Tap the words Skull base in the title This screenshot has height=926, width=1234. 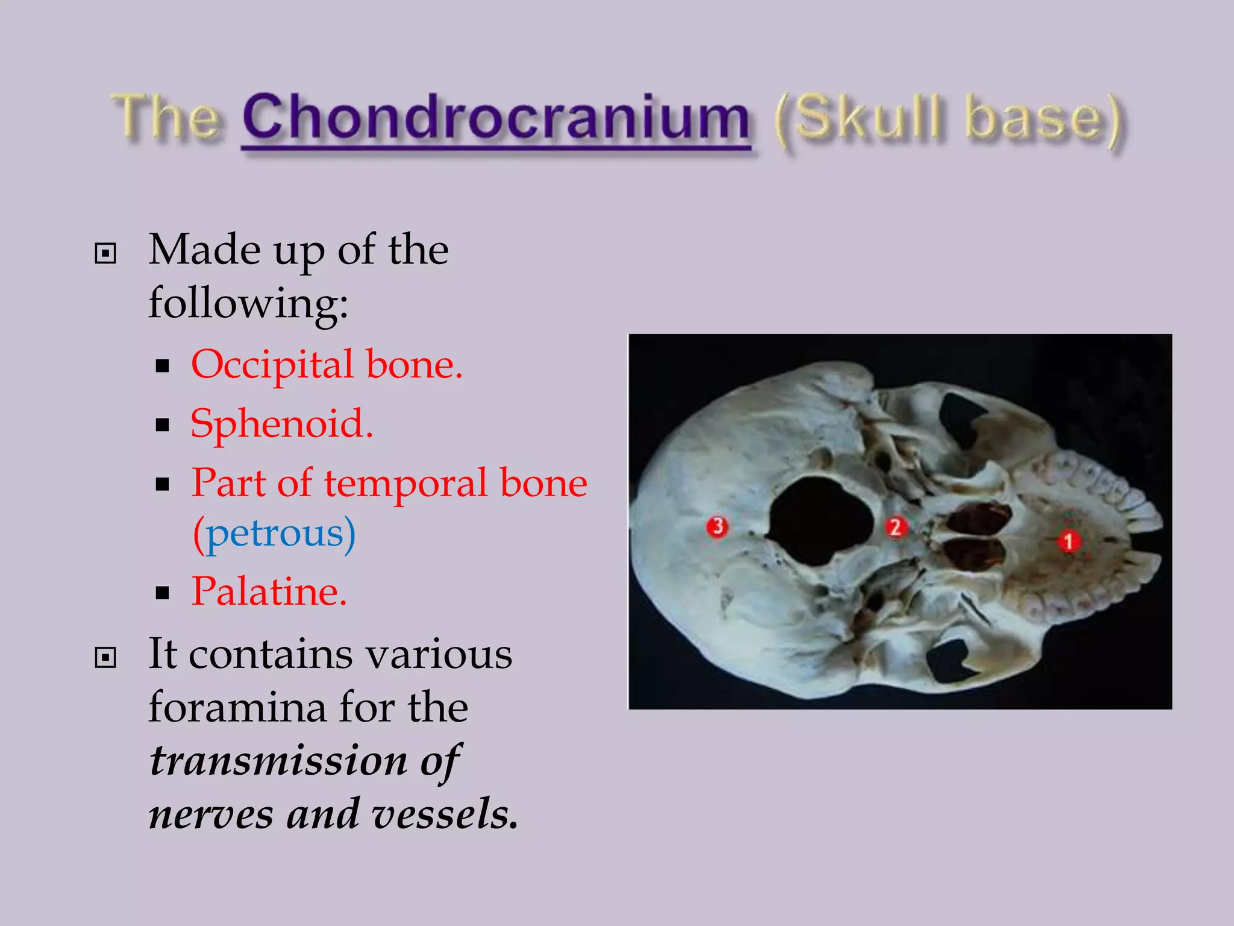[948, 119]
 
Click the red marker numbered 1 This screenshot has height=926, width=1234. [1069, 541]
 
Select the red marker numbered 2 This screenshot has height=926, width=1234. [896, 528]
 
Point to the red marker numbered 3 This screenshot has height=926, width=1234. [717, 527]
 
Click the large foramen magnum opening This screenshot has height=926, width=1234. [821, 521]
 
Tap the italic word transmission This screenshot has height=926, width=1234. [278, 761]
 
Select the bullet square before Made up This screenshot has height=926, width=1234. [105, 254]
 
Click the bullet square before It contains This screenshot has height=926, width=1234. [105, 658]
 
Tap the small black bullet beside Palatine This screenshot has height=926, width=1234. [162, 593]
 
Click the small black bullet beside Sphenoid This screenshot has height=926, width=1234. [162, 426]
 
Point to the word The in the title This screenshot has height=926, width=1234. [166, 118]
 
